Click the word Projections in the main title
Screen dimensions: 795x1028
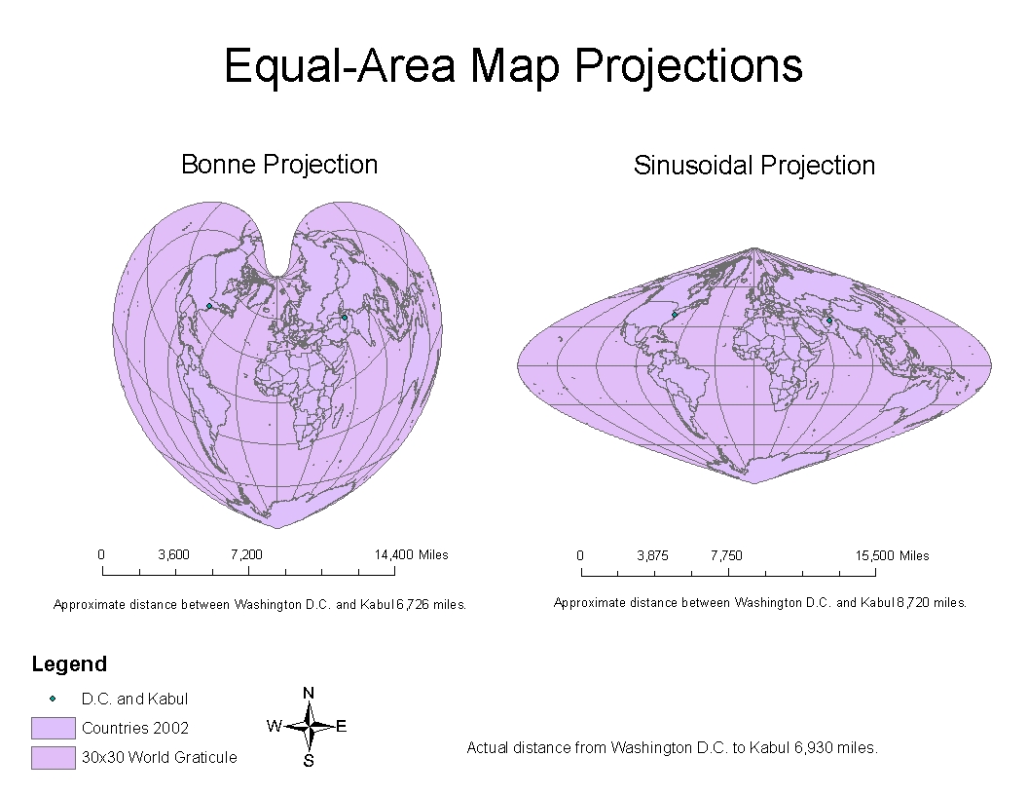pyautogui.click(x=688, y=66)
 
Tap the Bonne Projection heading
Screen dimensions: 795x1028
pyautogui.click(x=279, y=164)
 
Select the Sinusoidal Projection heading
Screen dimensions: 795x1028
pyautogui.click(x=754, y=166)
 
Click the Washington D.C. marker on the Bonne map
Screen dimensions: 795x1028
pyautogui.click(x=209, y=306)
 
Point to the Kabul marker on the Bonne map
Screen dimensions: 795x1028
pyautogui.click(x=345, y=317)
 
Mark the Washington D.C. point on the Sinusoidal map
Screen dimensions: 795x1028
pyautogui.click(x=675, y=315)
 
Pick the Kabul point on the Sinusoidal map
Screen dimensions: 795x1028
pyautogui.click(x=829, y=321)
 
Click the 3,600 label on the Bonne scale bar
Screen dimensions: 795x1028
pyautogui.click(x=173, y=554)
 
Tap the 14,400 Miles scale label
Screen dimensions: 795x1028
pyautogui.click(x=411, y=554)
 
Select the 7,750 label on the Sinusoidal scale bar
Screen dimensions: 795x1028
pyautogui.click(x=726, y=555)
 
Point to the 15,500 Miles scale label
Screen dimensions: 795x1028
pyautogui.click(x=892, y=555)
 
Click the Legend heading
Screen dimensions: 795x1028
pyautogui.click(x=69, y=664)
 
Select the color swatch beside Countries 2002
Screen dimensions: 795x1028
pyautogui.click(x=53, y=728)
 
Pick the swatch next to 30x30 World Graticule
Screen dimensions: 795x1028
pyautogui.click(x=53, y=757)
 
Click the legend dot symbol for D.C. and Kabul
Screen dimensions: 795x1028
pyautogui.click(x=53, y=699)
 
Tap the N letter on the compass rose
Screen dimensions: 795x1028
pyautogui.click(x=309, y=693)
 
